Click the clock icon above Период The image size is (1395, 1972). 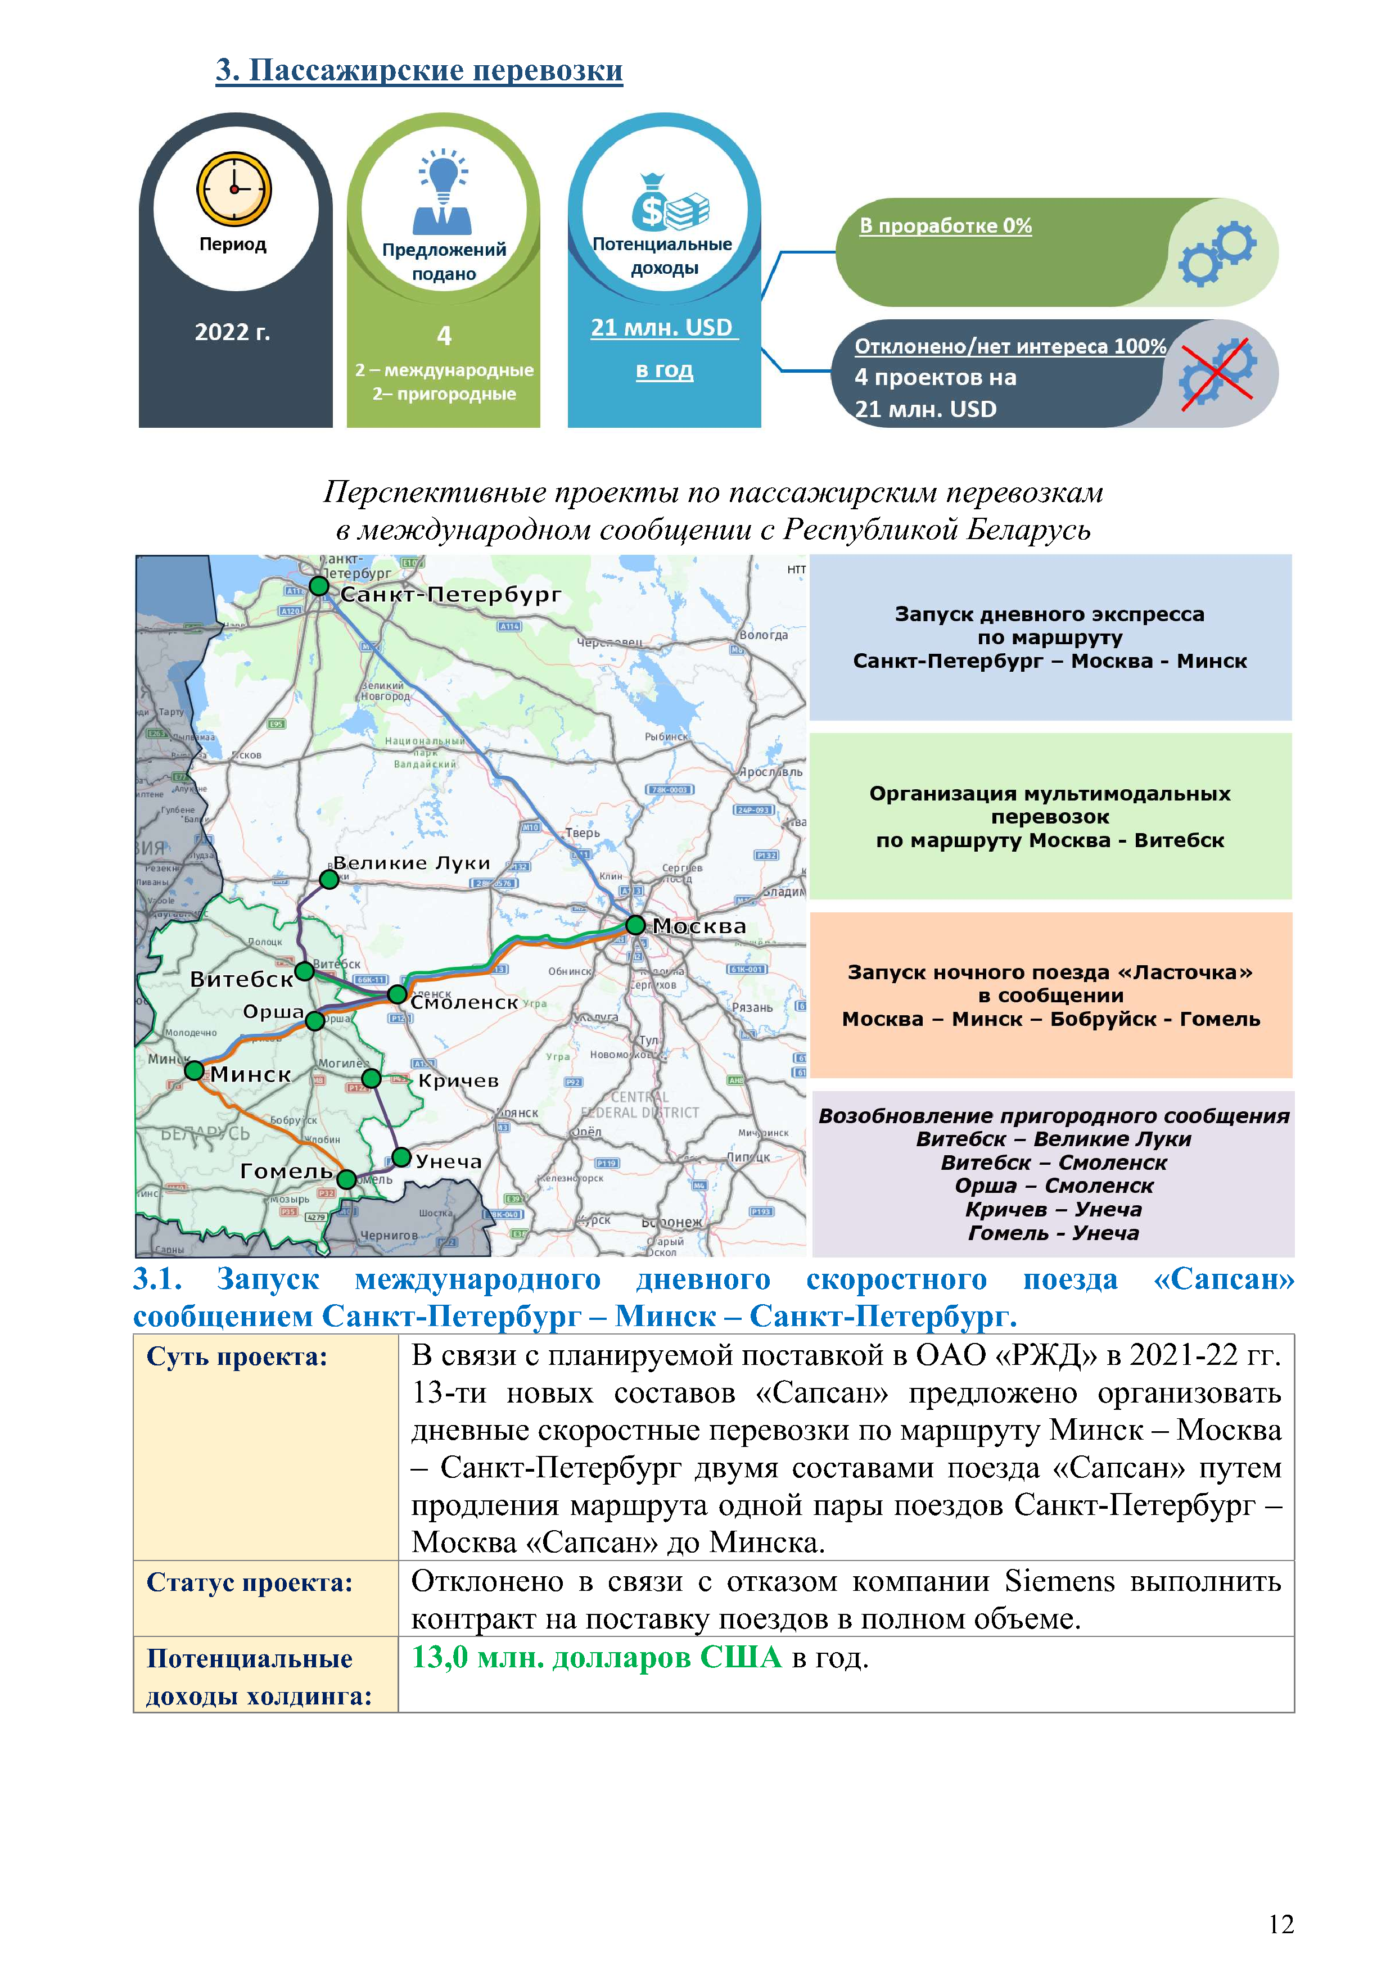coord(234,189)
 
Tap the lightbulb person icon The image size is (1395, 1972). coord(443,193)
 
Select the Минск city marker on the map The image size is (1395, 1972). coord(195,1071)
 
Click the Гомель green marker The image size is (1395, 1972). coord(346,1179)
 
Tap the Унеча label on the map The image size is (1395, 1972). coord(448,1161)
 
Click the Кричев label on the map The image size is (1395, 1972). coord(458,1080)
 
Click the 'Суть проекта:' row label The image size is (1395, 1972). coord(237,1357)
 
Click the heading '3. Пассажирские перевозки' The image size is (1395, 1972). coord(419,70)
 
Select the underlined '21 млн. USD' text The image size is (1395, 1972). coord(661,328)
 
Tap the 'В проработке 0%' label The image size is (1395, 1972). coord(945,226)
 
